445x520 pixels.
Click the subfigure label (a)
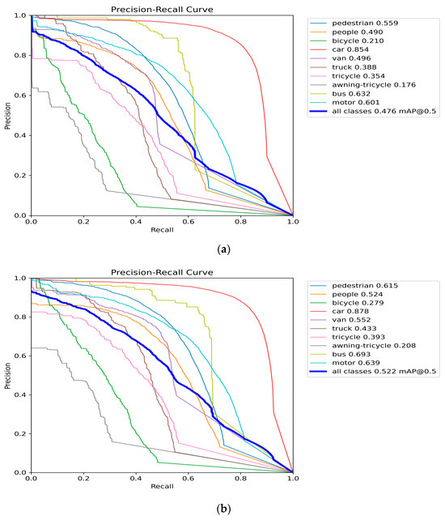222,251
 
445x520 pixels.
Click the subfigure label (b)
222,511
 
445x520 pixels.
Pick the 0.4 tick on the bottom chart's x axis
135,480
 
